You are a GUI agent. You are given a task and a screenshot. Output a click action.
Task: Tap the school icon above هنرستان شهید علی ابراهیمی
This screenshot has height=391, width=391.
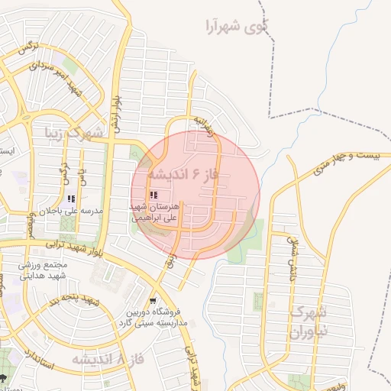154,195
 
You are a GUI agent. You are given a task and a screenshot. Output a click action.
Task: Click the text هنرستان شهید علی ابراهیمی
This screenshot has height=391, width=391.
153,212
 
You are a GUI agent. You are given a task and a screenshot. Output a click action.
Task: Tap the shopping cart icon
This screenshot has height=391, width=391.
155,300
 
